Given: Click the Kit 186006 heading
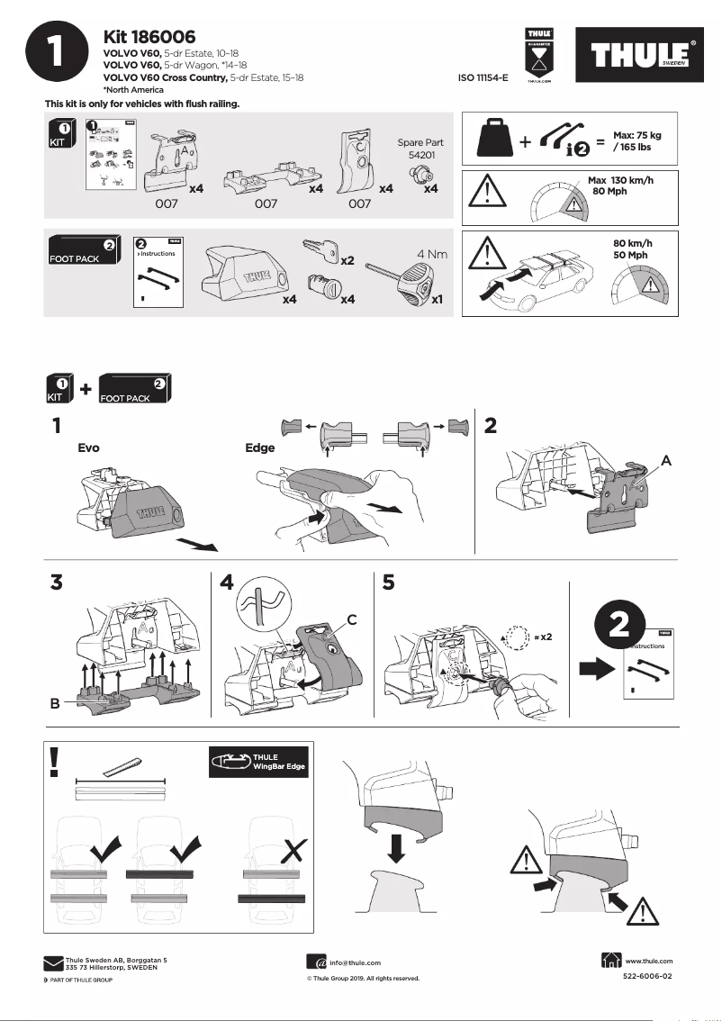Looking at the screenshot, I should pos(149,37).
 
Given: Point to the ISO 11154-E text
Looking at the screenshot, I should pos(483,78).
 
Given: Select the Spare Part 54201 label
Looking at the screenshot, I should pos(420,149).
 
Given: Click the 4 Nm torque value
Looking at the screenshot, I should pos(432,254).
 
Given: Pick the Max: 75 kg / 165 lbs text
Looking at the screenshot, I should pos(636,140).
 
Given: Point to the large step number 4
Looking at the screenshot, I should pos(227,583).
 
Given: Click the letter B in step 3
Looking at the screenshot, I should pos(55,704).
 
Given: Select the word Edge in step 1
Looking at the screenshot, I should pos(259,447).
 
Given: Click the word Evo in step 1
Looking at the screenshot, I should pos(88,447).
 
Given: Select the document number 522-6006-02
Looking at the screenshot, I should pos(647,976).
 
